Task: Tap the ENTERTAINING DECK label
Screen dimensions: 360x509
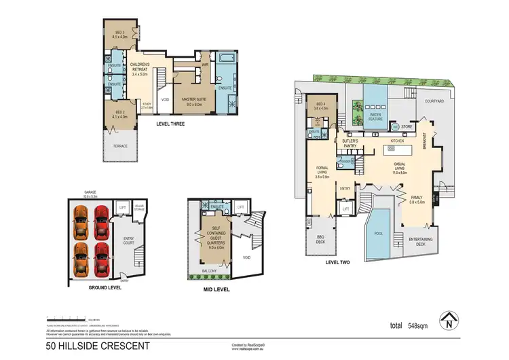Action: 422,240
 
